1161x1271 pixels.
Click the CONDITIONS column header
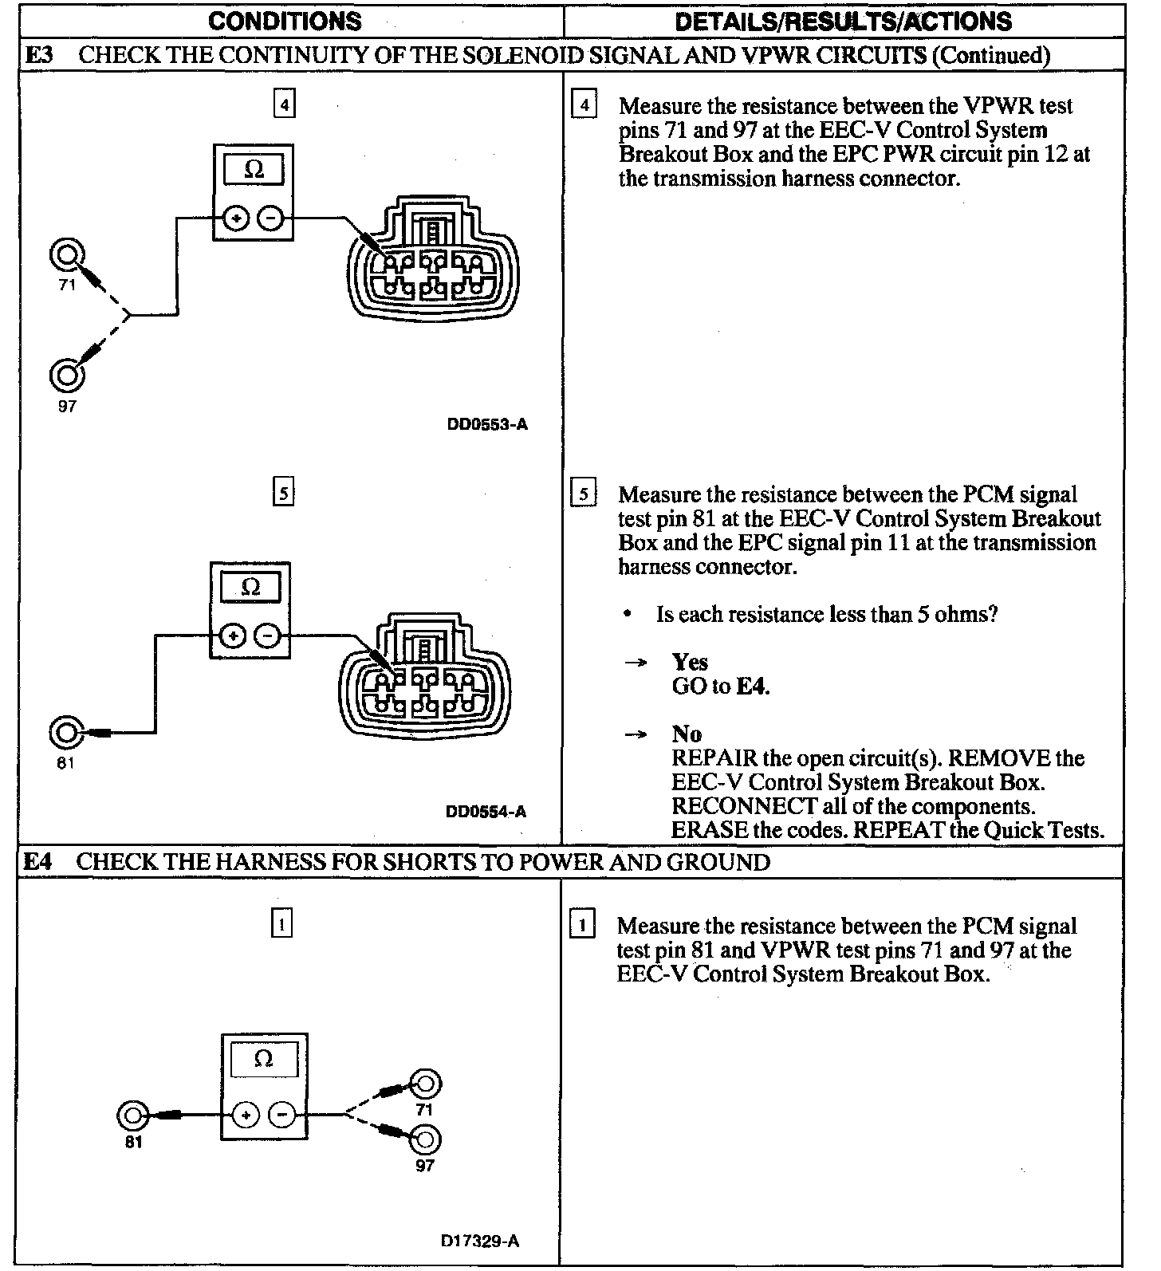click(x=285, y=21)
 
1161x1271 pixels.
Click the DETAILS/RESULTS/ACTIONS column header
click(x=844, y=21)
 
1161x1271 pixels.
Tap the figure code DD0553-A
click(x=487, y=424)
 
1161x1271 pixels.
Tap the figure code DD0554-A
click(x=486, y=812)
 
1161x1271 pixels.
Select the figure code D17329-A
click(x=479, y=1241)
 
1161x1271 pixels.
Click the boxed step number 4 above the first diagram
click(x=284, y=104)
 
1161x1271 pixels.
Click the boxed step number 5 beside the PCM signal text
click(x=584, y=494)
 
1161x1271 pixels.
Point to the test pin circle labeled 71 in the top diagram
click(x=66, y=254)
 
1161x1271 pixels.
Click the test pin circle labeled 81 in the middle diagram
click(x=65, y=732)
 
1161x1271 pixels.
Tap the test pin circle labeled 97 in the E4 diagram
click(x=425, y=1139)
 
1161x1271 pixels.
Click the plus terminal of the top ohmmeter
click(x=236, y=218)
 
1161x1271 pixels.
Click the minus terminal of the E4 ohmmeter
click(x=281, y=1115)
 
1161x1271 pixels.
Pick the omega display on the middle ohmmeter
click(x=250, y=588)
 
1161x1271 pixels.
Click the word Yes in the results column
click(x=690, y=662)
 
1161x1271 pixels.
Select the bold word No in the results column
click(x=687, y=734)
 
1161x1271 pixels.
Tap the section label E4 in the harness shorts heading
click(x=37, y=862)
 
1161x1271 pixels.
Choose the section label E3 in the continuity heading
click(x=40, y=55)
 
